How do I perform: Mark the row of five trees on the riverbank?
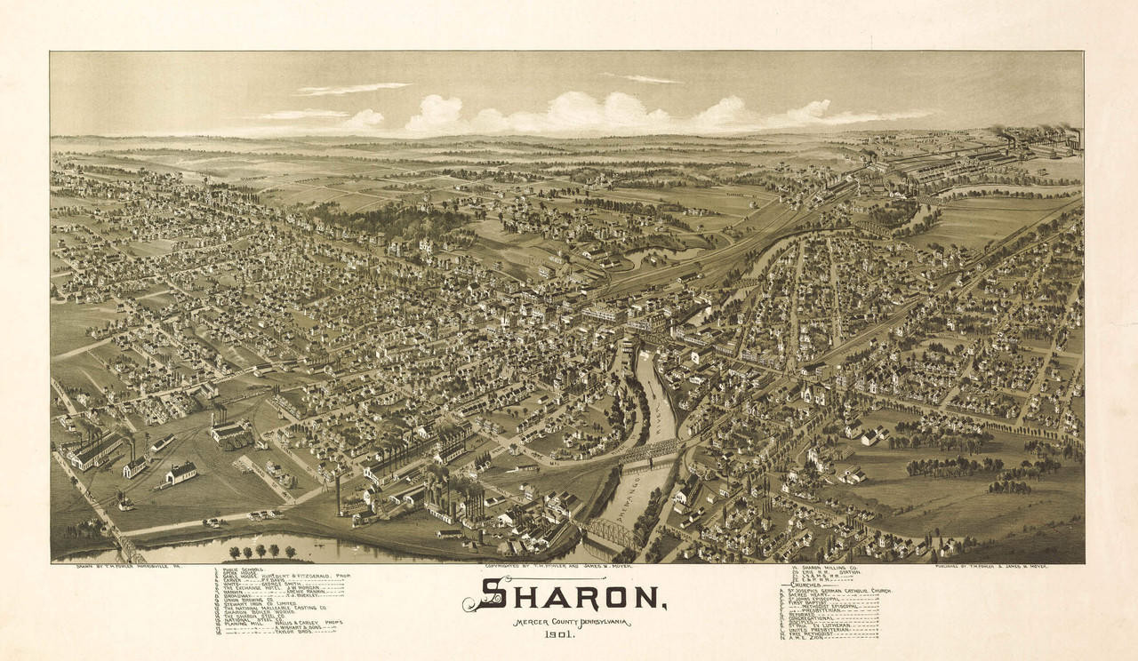pyautogui.click(x=262, y=551)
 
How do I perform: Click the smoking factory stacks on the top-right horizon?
pyautogui.click(x=1040, y=138)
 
